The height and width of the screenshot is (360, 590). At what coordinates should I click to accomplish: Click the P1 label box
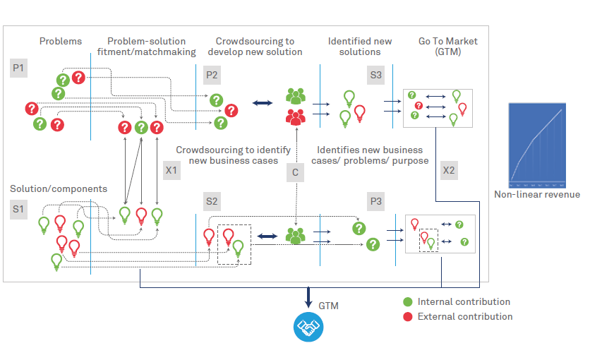tap(18, 68)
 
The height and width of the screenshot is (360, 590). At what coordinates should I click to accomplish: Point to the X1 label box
tap(171, 170)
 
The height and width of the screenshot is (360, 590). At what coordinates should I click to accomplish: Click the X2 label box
tap(449, 170)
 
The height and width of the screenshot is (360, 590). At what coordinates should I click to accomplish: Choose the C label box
tap(296, 172)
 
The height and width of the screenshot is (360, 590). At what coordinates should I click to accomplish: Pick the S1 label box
tap(18, 209)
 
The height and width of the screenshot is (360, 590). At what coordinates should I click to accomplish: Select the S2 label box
tap(212, 202)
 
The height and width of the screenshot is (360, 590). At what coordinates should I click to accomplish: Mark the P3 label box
tap(376, 202)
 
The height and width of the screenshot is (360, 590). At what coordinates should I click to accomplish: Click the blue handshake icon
tap(308, 327)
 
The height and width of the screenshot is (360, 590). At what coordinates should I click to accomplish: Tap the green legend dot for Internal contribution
tap(407, 302)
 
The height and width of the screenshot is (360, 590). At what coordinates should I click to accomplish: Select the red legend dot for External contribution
tap(407, 316)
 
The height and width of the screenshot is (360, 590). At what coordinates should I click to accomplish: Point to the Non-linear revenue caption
tap(537, 195)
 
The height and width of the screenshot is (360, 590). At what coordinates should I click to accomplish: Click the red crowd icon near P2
tap(295, 115)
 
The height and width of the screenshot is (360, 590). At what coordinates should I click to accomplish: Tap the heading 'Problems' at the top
tap(61, 42)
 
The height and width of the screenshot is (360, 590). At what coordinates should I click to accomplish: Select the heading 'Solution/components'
tap(59, 189)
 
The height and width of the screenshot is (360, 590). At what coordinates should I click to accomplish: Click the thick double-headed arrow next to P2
tap(263, 104)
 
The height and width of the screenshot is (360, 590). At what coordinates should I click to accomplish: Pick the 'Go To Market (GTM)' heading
tap(447, 47)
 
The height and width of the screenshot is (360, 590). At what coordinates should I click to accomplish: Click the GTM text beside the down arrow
tap(328, 306)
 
